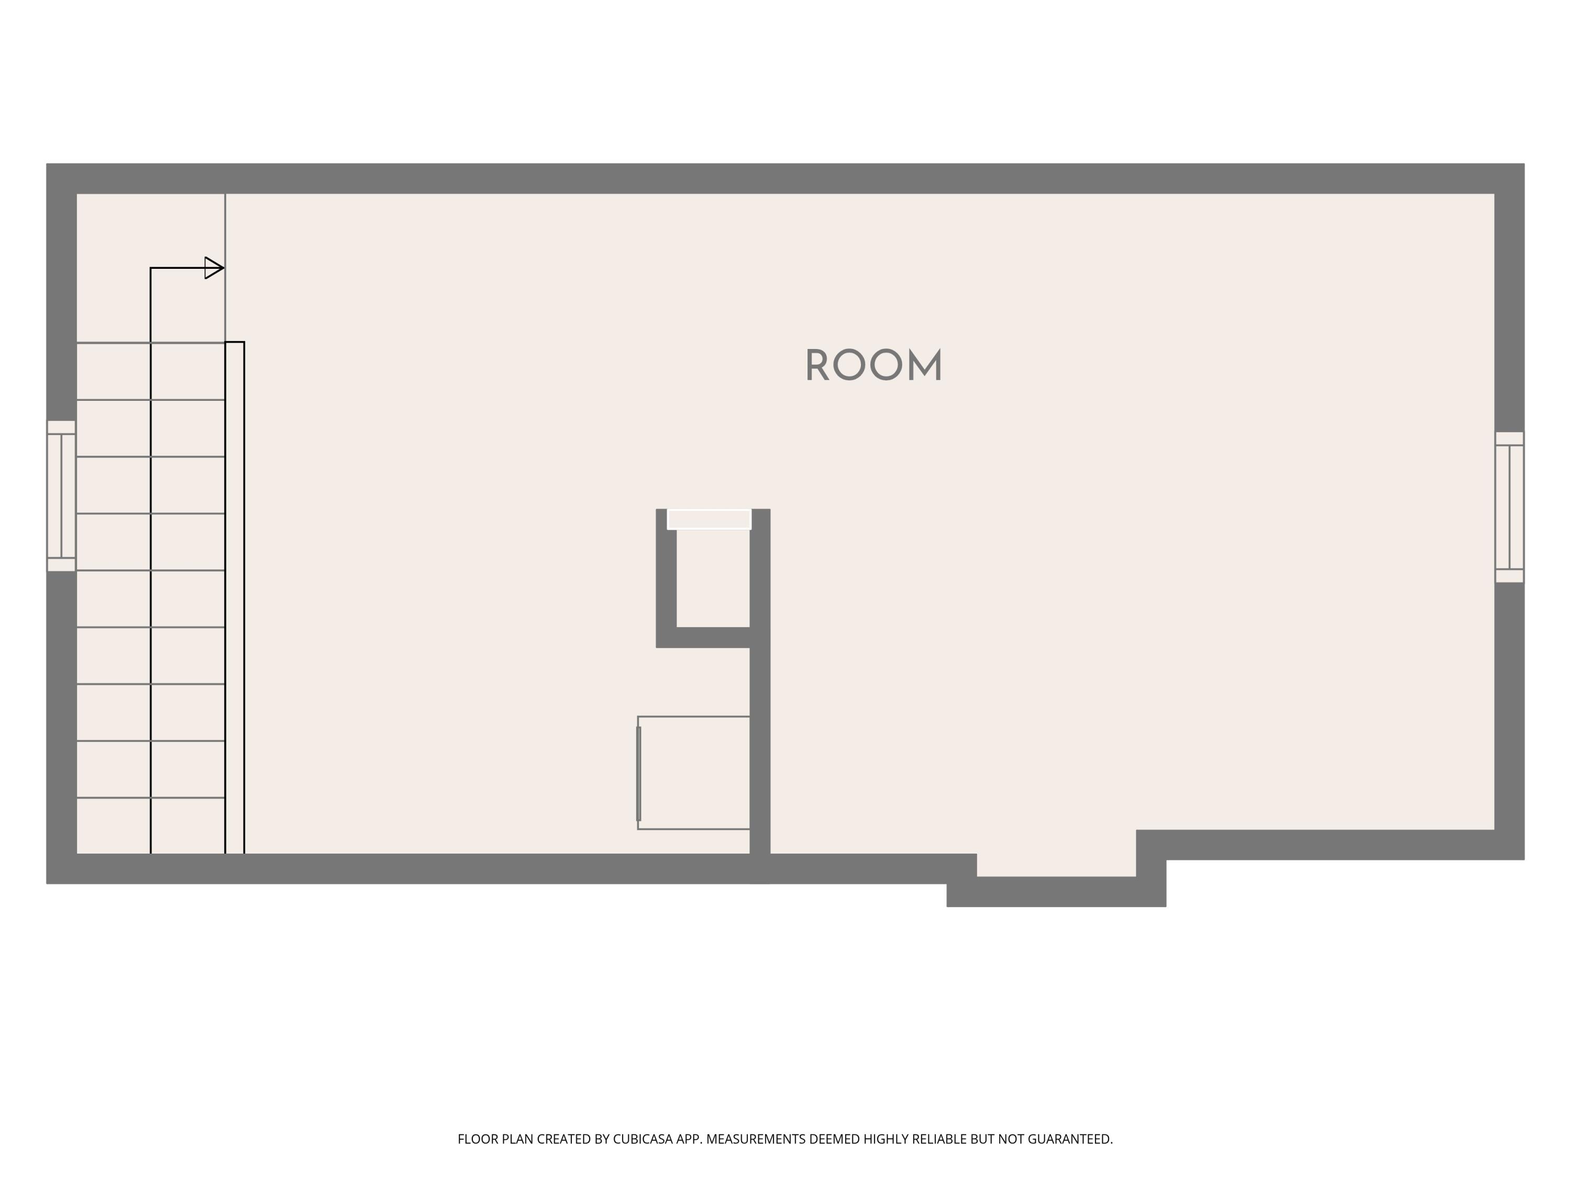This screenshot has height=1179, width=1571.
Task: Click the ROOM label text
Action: [873, 365]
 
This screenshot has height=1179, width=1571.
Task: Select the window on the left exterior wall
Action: [61, 496]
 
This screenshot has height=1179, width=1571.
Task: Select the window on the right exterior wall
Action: [1509, 507]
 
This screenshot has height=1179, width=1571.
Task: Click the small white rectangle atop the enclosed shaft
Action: [709, 519]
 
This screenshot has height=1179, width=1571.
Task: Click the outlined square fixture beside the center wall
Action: [694, 772]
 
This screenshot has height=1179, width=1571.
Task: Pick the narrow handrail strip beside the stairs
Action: [235, 598]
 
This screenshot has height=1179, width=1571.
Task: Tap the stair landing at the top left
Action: [151, 268]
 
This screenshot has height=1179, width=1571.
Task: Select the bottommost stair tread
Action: [151, 826]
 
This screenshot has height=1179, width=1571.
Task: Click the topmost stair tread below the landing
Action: [151, 371]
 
